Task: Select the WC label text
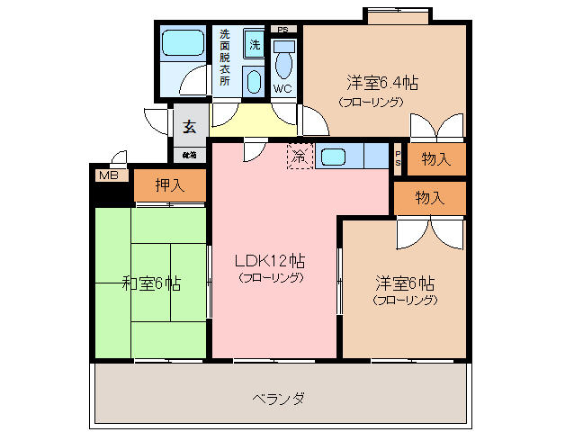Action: coord(283,88)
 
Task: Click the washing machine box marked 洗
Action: coord(255,44)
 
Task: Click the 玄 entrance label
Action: coord(190,127)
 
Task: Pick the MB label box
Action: coord(109,176)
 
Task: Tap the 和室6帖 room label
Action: coord(151,283)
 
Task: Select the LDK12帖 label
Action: coord(270,261)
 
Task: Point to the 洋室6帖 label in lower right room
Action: coord(404,282)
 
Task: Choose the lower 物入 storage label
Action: coord(430,197)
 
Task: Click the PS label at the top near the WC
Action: coord(283,29)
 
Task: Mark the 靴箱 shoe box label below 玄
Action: coord(189,155)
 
